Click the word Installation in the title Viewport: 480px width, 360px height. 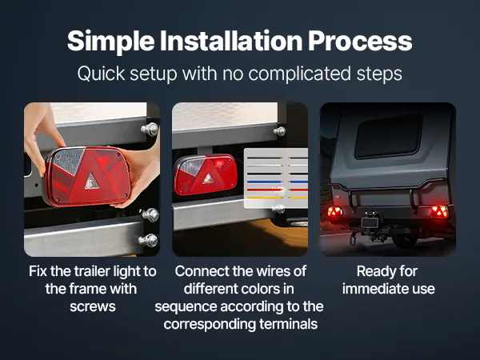pyautogui.click(x=231, y=41)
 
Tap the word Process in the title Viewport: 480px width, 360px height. pyautogui.click(x=360, y=42)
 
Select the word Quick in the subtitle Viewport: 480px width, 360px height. pyautogui.click(x=101, y=74)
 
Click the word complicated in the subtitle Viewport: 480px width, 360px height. pyautogui.click(x=299, y=74)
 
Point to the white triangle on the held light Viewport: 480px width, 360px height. pyautogui.click(x=91, y=181)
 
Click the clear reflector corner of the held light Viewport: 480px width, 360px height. pyautogui.click(x=69, y=161)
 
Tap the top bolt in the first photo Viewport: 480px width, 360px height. pyautogui.click(x=150, y=129)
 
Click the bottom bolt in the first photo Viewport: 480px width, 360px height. pyautogui.click(x=148, y=241)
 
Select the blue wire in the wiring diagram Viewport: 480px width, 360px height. pyautogui.click(x=277, y=182)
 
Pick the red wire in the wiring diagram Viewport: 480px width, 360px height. pyautogui.click(x=277, y=190)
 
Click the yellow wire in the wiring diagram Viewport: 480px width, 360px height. pyautogui.click(x=277, y=198)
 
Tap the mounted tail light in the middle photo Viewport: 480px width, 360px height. pyautogui.click(x=206, y=174)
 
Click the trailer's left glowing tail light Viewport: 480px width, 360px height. pyautogui.click(x=335, y=212)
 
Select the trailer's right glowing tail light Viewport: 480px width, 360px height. pyautogui.click(x=439, y=211)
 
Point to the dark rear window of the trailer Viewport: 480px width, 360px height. pyautogui.click(x=389, y=136)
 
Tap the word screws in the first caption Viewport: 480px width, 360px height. pyautogui.click(x=93, y=306)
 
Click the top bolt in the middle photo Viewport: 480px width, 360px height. pyautogui.click(x=279, y=131)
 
